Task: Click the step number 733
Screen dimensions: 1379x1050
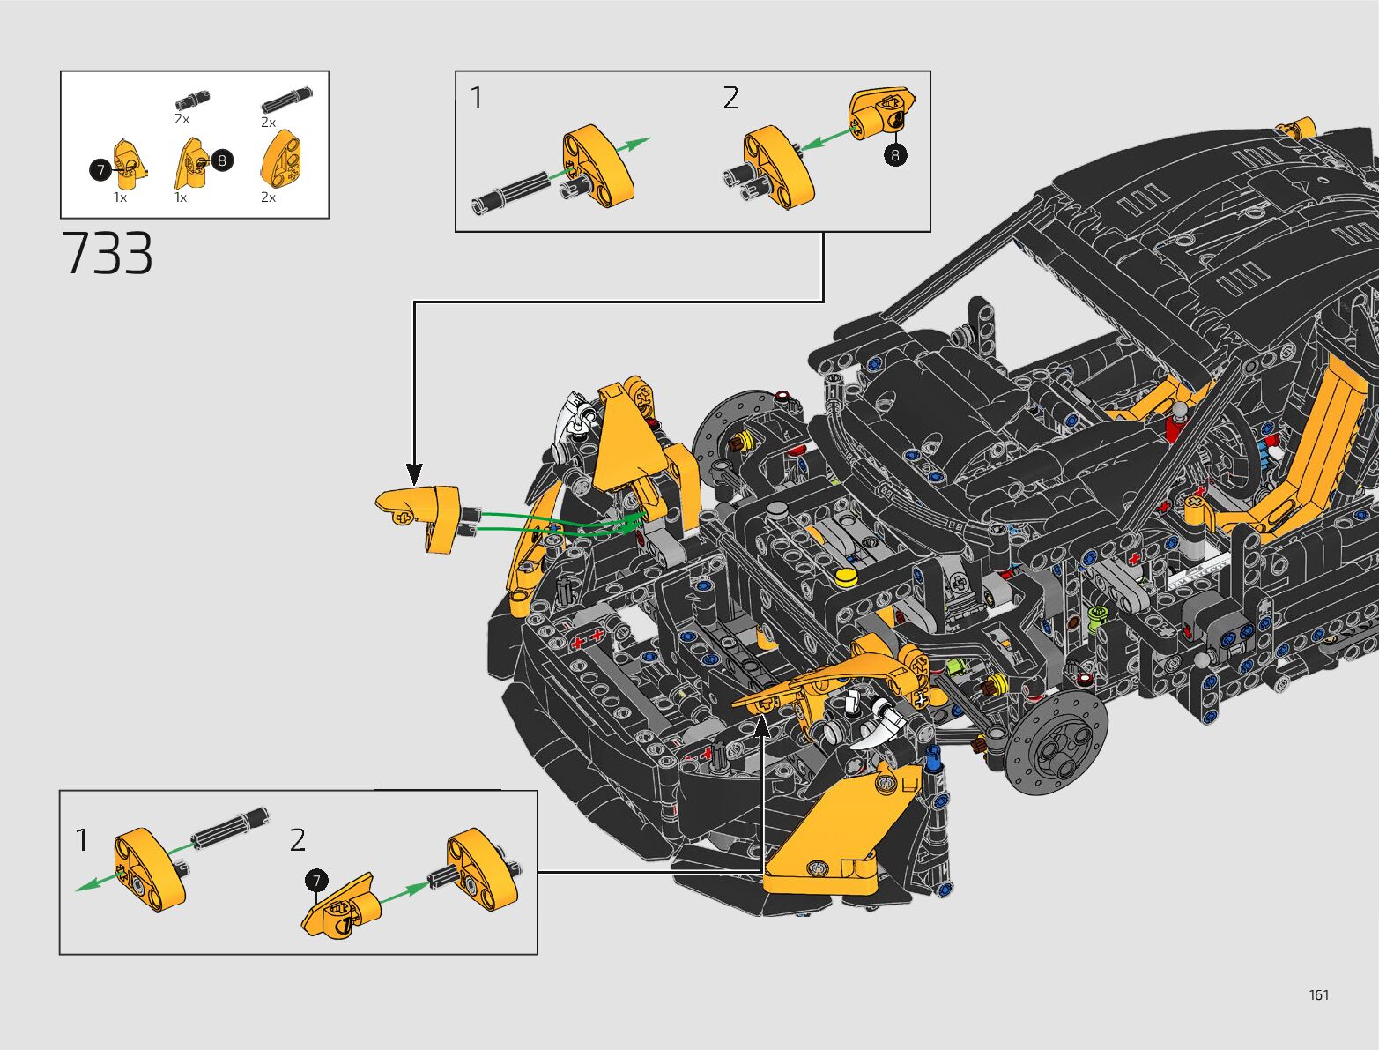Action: (107, 253)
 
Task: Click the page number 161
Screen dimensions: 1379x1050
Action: (1319, 994)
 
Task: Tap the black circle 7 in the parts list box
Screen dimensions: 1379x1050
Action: (100, 169)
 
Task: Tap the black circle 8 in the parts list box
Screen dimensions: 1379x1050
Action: (222, 160)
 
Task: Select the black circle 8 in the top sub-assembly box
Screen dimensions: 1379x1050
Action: (895, 154)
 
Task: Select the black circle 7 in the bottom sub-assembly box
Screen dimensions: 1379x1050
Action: (316, 881)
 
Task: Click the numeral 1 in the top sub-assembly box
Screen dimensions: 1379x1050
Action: (476, 98)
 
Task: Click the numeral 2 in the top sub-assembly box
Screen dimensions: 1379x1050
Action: (730, 98)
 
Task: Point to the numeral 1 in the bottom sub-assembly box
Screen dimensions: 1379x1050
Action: (82, 840)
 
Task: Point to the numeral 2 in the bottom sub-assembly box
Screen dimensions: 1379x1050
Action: (298, 840)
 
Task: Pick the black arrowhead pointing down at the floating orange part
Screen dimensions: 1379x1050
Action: (414, 473)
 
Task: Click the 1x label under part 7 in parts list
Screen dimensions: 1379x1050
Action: (120, 197)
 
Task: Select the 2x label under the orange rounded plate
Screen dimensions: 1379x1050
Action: (268, 197)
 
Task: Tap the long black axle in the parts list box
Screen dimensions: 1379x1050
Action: (286, 101)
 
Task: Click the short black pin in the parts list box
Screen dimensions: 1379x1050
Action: (192, 101)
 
